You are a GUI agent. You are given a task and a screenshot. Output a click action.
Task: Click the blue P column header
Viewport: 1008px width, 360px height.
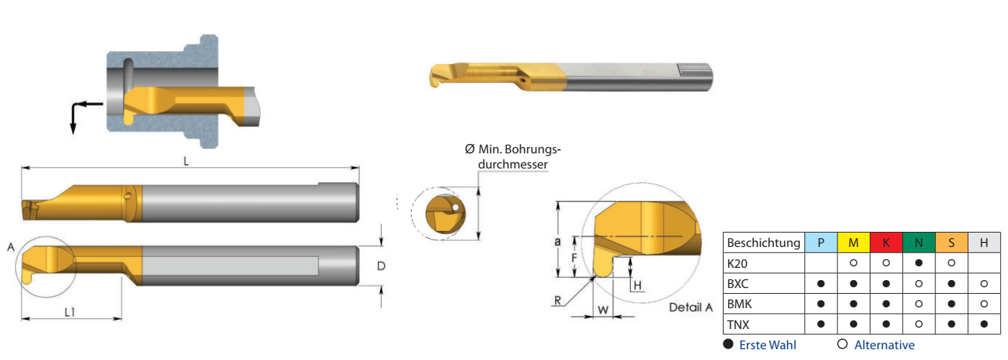[821, 243]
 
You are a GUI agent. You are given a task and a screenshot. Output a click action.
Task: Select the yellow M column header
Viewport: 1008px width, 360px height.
[853, 243]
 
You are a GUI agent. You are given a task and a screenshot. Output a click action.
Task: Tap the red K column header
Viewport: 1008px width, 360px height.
[886, 243]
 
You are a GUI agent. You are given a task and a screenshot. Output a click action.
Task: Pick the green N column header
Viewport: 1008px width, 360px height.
[919, 243]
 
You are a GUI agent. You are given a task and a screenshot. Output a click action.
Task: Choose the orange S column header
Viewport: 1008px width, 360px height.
[951, 243]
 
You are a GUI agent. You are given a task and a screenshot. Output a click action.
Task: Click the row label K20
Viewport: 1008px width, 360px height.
[737, 264]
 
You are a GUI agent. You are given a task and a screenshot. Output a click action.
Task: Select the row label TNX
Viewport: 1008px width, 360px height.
[738, 325]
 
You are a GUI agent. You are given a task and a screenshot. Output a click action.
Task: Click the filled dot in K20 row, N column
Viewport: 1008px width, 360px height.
[919, 263]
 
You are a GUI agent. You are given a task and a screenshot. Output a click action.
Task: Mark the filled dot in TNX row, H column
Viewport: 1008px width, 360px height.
[984, 324]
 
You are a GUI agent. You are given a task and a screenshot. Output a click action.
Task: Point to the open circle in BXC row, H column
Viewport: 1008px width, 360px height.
[984, 284]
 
